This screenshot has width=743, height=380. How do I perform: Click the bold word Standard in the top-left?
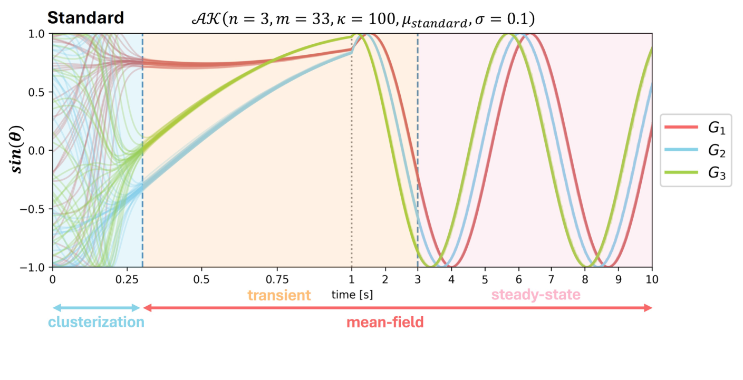86,18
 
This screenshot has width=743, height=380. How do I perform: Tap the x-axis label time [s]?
352,295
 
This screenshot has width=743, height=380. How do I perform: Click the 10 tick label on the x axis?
652,278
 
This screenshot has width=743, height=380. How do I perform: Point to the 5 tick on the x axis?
485,278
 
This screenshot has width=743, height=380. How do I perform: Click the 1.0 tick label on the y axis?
38,34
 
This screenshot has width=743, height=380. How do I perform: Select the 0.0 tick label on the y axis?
38,150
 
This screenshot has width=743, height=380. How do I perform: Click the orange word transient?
279,295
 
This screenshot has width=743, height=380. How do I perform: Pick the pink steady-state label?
536,295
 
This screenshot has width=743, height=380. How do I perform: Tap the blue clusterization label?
96,322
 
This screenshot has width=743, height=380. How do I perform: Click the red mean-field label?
385,322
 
